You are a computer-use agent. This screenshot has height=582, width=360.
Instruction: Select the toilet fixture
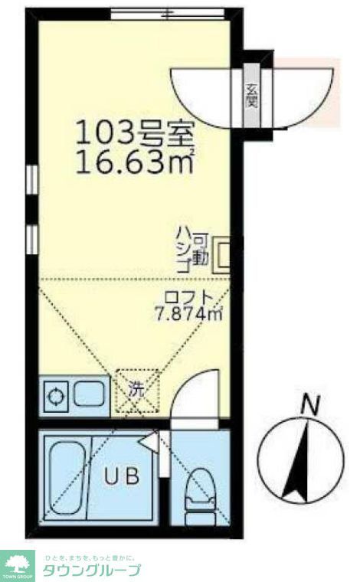tap(201, 490)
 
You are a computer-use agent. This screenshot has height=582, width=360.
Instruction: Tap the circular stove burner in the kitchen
tap(57, 396)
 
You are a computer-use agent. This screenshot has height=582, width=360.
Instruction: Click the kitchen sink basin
tap(91, 395)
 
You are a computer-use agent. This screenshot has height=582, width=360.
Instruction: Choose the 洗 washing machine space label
tap(136, 389)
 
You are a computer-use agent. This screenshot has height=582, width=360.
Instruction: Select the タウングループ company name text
tap(91, 570)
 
